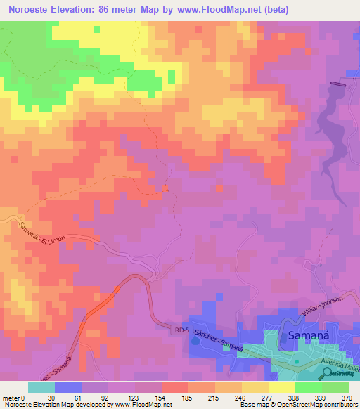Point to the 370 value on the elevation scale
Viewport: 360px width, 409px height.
pyautogui.click(x=346, y=397)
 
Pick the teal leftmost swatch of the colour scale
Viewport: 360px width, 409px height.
pyautogui.click(x=41, y=387)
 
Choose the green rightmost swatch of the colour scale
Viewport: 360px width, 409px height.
pyautogui.click(x=336, y=387)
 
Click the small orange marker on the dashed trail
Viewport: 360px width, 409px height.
pyautogui.click(x=165, y=188)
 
